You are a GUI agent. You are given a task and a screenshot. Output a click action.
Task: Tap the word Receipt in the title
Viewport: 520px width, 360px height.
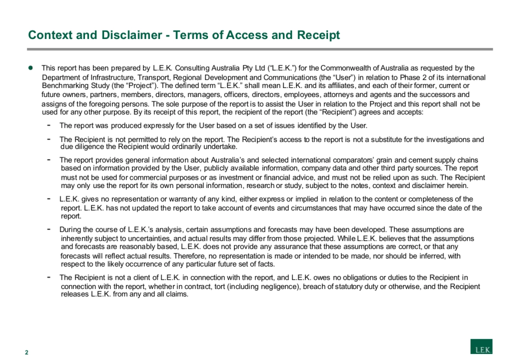pos(318,35)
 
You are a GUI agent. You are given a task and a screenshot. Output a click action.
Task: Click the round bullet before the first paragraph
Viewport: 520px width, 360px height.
pos(31,68)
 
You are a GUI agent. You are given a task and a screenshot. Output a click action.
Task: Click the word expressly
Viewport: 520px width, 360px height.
pos(155,126)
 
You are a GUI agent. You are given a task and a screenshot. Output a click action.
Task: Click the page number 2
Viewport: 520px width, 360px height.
pos(26,352)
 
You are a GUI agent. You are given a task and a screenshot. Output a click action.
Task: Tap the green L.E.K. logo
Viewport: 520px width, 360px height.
pos(481,347)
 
